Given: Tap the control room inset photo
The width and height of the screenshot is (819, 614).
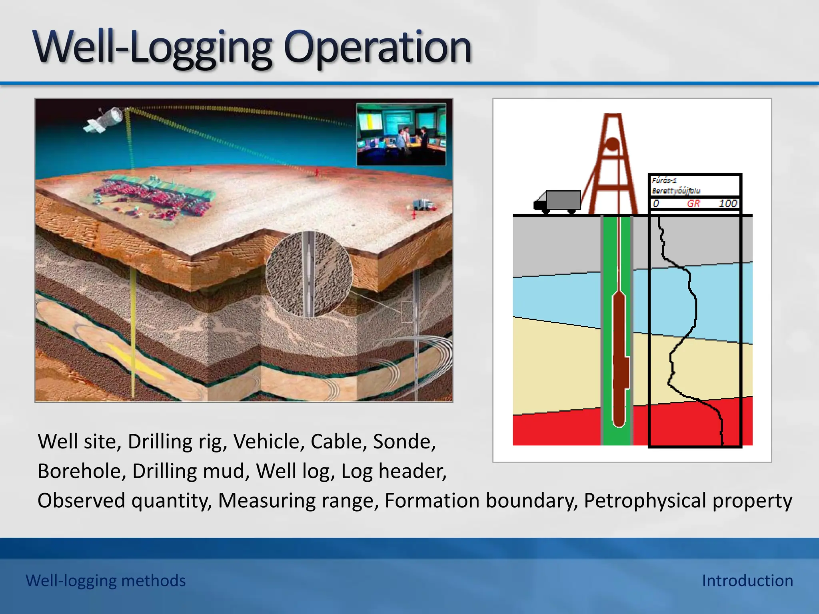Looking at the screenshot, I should (401, 134).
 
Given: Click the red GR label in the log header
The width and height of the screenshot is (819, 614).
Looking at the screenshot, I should (693, 203).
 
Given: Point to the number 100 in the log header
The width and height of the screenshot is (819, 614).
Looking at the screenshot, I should (727, 203).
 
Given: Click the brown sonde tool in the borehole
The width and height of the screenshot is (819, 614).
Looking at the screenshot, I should (619, 360).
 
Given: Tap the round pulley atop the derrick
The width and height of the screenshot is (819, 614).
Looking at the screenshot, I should (612, 144).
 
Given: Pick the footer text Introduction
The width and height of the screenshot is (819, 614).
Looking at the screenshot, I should (747, 580).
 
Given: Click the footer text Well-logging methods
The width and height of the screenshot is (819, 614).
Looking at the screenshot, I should (106, 580).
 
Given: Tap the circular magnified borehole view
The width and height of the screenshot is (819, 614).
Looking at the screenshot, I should (309, 274).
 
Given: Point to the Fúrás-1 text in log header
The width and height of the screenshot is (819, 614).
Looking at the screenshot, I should (664, 180).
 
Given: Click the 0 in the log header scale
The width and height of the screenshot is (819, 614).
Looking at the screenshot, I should (656, 203).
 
